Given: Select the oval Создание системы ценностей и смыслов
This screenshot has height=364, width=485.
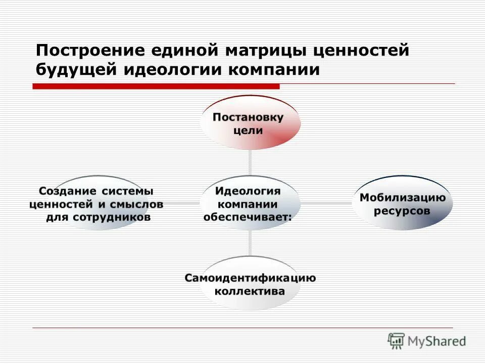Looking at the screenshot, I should [x=96, y=204].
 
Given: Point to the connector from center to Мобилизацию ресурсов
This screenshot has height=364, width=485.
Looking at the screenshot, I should [x=326, y=204].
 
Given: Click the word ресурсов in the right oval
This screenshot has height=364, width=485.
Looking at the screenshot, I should [x=402, y=210].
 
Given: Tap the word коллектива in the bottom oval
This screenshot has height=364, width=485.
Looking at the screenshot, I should [x=250, y=292].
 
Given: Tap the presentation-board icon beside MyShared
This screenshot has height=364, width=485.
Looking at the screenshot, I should [x=397, y=341].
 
